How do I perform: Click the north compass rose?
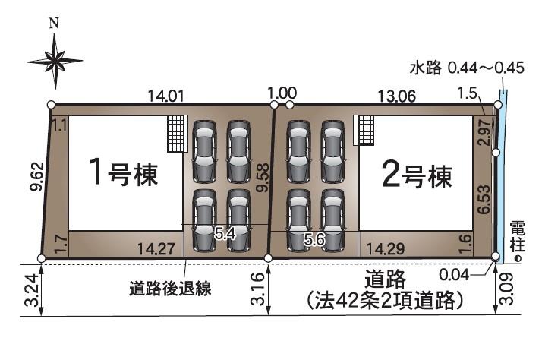point(55,57)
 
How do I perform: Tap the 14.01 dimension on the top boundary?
point(166,95)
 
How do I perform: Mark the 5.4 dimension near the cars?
point(225,235)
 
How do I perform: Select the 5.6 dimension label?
point(314,240)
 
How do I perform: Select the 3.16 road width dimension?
point(256,289)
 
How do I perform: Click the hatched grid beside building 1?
point(177,134)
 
